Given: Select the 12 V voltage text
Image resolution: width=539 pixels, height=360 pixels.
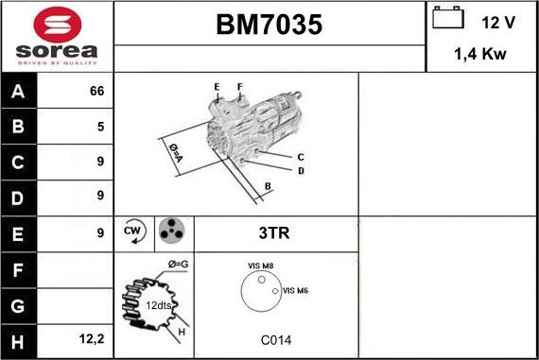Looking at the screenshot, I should [x=496, y=21].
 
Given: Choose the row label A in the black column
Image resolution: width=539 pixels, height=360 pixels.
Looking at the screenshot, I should [x=18, y=92].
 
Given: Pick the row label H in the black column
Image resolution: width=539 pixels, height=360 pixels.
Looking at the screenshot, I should [x=18, y=338].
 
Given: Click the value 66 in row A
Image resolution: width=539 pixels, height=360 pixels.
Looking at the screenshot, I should [x=96, y=92].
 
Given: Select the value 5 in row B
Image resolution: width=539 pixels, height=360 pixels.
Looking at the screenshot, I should [x=100, y=127].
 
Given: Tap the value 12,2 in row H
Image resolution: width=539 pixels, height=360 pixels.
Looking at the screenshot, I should [x=93, y=338].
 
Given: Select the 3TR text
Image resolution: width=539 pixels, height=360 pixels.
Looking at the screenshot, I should [x=274, y=231].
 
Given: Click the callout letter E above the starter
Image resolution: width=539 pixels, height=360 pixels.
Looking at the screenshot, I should [x=217, y=87].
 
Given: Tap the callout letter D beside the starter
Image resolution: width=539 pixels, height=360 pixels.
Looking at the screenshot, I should [x=301, y=171].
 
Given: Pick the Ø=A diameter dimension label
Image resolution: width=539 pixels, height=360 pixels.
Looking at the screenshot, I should [x=175, y=151].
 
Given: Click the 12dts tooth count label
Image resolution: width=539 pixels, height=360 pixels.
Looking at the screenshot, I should [x=158, y=305].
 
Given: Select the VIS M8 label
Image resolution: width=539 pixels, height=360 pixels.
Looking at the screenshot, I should [x=260, y=266].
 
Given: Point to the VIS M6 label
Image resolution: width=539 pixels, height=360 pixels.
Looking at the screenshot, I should [x=296, y=290].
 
